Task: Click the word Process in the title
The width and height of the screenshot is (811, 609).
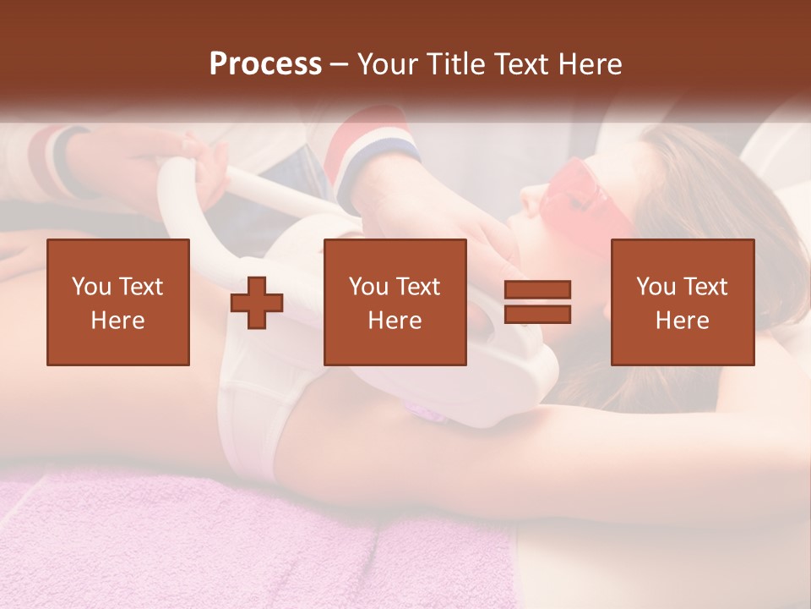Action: point(265,64)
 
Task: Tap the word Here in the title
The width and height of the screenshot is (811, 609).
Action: point(588,64)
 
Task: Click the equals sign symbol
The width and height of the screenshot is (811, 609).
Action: point(537,302)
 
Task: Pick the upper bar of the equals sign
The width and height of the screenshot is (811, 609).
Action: point(537,290)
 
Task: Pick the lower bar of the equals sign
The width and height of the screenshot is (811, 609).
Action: point(537,314)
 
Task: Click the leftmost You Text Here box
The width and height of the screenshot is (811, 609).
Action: point(118,302)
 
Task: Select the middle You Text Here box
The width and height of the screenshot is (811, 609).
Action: point(395,302)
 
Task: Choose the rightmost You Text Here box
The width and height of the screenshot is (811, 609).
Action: point(682,302)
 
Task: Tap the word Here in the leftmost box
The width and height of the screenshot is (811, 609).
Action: point(118,321)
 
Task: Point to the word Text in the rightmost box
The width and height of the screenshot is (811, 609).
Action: point(705,287)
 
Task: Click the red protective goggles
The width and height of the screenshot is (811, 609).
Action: point(591,195)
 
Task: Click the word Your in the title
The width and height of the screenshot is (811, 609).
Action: point(389,64)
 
